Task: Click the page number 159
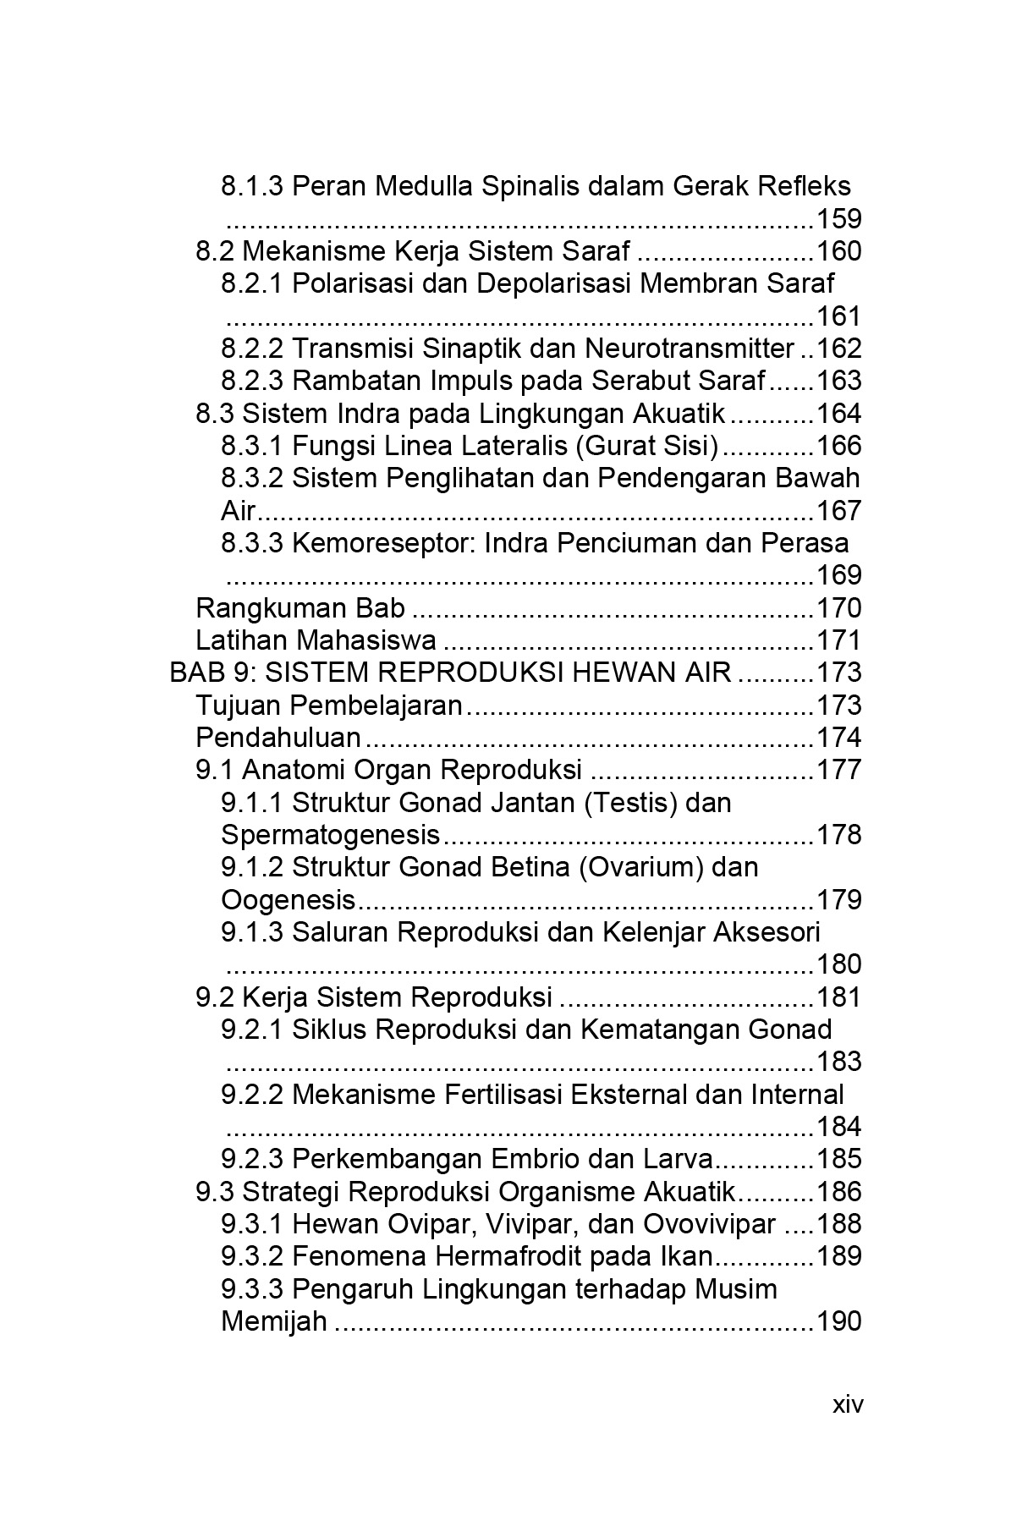click(x=838, y=219)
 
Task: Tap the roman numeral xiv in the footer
click(x=848, y=1404)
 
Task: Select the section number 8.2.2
click(x=252, y=349)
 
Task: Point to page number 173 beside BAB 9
click(x=838, y=673)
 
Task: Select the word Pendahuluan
click(x=278, y=738)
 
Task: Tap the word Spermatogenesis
click(x=331, y=835)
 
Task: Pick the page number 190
click(x=838, y=1321)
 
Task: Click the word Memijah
click(x=274, y=1321)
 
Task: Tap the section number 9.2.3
click(x=252, y=1159)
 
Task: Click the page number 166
click(x=838, y=446)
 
